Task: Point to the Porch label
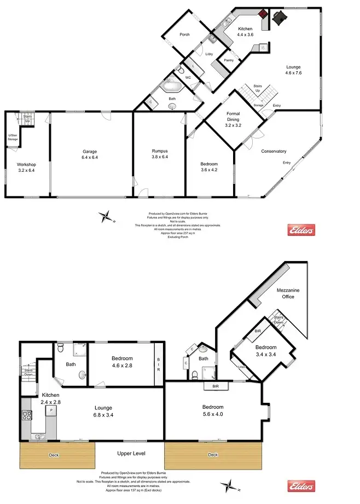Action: pyautogui.click(x=184, y=34)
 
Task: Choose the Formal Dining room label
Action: pyautogui.click(x=234, y=119)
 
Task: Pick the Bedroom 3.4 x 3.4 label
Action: pyautogui.click(x=265, y=350)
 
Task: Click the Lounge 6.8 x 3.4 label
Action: pyautogui.click(x=103, y=411)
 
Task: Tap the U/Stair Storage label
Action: pyautogui.click(x=12, y=137)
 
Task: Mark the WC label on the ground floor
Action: pyautogui.click(x=187, y=78)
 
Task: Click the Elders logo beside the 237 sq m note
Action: pyautogui.click(x=301, y=231)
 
